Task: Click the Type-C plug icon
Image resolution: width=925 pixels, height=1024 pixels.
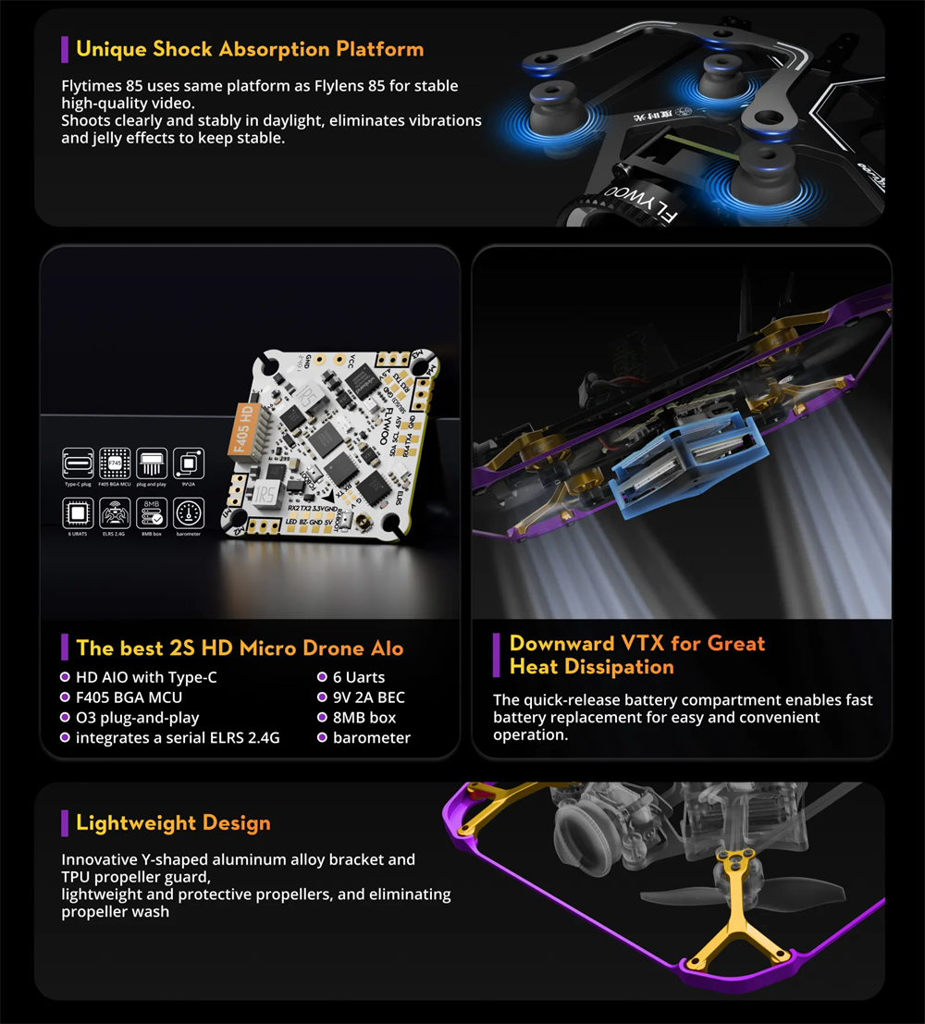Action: [x=79, y=463]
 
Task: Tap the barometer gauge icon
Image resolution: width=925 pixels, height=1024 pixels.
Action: [x=189, y=513]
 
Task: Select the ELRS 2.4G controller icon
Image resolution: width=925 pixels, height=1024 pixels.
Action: [x=115, y=513]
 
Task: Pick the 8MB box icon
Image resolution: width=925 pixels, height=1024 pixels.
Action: [x=152, y=513]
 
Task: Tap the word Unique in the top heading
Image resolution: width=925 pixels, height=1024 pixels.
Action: [x=110, y=49]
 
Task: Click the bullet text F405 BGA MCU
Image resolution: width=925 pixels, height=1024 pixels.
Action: [x=129, y=697]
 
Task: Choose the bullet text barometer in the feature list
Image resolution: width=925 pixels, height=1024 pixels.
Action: [x=372, y=738]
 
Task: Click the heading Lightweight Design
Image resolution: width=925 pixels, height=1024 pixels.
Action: [x=173, y=823]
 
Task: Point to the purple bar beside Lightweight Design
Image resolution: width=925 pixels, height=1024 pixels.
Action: [x=65, y=823]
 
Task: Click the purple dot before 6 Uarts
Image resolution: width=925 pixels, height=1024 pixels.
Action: [x=323, y=677]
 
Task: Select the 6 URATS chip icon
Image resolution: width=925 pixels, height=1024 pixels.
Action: [x=79, y=513]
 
